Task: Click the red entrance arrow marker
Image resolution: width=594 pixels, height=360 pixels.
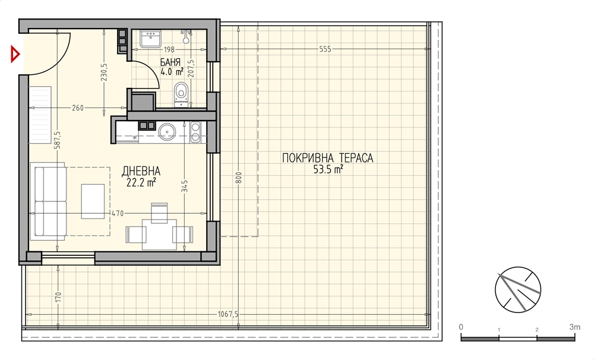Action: click(x=15, y=54)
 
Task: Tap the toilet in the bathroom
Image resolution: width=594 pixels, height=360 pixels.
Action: click(x=181, y=94)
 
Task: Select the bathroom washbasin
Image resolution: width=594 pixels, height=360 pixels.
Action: click(x=150, y=39)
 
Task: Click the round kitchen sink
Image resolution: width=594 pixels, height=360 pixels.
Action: click(x=166, y=131)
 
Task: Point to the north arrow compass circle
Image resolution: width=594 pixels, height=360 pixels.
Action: click(x=518, y=290)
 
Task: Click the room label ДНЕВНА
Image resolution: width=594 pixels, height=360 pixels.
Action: click(x=141, y=171)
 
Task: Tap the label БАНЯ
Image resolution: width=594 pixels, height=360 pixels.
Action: click(x=170, y=62)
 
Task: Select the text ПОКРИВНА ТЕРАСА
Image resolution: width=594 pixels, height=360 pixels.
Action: click(x=328, y=157)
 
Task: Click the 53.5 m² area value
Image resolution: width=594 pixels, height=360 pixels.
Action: click(x=328, y=169)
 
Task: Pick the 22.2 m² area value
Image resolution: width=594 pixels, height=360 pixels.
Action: click(x=141, y=182)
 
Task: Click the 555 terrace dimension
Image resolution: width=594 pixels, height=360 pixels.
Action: click(x=325, y=49)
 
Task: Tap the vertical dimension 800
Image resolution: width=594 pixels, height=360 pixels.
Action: click(x=238, y=178)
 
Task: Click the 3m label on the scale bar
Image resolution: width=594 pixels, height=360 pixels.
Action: click(x=574, y=327)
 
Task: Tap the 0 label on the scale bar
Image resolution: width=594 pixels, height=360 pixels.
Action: click(x=461, y=327)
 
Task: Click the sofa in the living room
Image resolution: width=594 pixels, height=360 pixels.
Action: click(x=50, y=201)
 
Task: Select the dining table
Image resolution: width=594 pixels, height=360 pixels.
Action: click(x=159, y=234)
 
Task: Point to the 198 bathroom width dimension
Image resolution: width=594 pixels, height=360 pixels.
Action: click(x=169, y=49)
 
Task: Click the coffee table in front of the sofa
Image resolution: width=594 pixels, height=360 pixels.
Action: click(x=93, y=201)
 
